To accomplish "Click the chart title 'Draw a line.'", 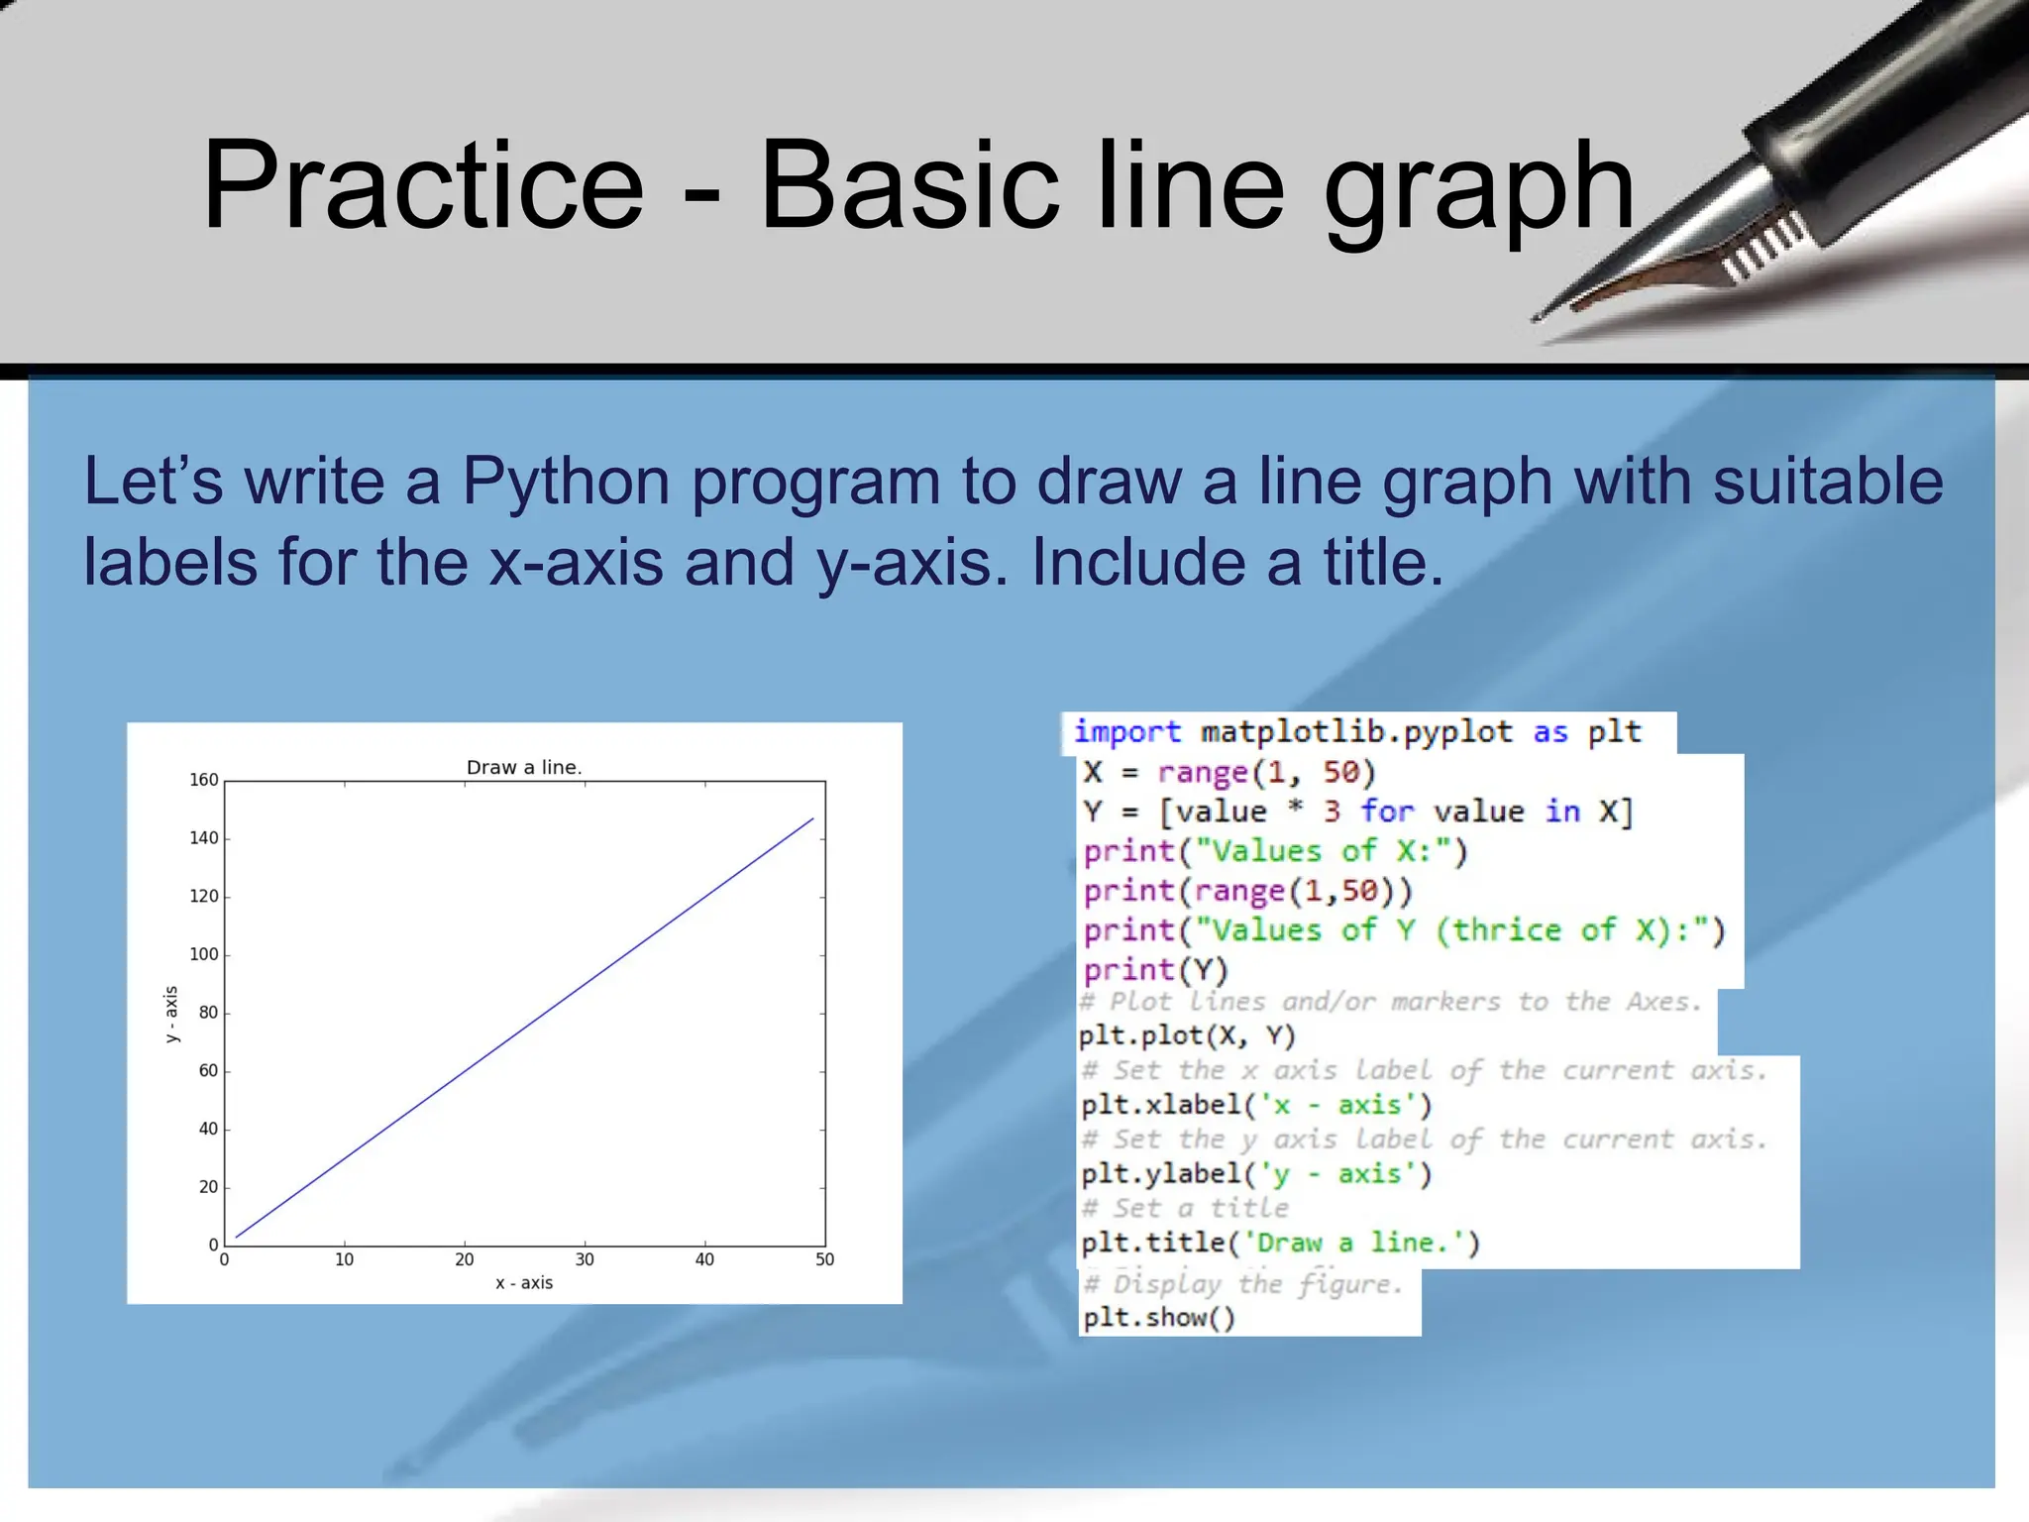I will pyautogui.click(x=524, y=767).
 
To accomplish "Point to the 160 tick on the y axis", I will pyautogui.click(x=204, y=780).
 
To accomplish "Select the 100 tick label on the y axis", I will pyautogui.click(x=204, y=954).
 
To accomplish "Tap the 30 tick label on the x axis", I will pyautogui.click(x=585, y=1259).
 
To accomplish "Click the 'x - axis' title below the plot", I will pyautogui.click(x=524, y=1283).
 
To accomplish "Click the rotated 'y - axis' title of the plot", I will pyautogui.click(x=171, y=1014).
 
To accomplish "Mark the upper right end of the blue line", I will pyautogui.click(x=813, y=818).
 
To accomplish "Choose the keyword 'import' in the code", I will pyautogui.click(x=1127, y=732).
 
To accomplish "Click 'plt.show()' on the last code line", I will pyautogui.click(x=1159, y=1318).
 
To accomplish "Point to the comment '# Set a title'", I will pyautogui.click(x=1185, y=1208).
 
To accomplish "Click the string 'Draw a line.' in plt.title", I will pyautogui.click(x=1353, y=1243).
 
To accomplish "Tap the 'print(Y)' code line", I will pyautogui.click(x=1155, y=970).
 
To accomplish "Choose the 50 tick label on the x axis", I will pyautogui.click(x=825, y=1259).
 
